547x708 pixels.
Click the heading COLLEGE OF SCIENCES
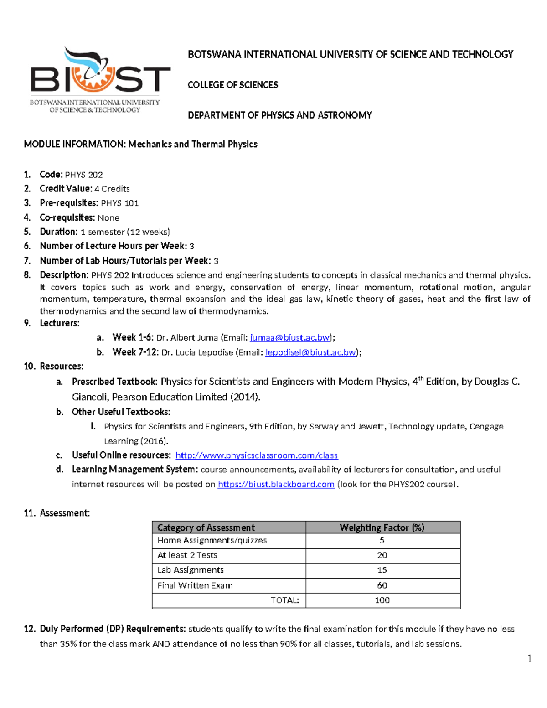point(232,85)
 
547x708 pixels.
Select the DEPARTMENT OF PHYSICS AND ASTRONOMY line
point(279,115)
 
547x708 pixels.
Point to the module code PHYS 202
point(83,175)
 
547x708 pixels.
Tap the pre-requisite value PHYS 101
point(119,203)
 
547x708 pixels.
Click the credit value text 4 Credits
point(112,189)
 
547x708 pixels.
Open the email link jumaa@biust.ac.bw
point(290,338)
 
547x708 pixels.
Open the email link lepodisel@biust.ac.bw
point(310,352)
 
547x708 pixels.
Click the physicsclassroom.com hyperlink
point(257,455)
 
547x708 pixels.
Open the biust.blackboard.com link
point(276,484)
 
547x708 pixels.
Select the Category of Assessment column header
point(206,527)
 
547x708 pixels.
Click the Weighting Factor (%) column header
point(382,527)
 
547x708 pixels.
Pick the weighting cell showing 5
point(382,541)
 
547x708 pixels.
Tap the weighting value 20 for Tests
point(382,555)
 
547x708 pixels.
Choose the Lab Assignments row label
point(191,570)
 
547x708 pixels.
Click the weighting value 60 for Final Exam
point(382,585)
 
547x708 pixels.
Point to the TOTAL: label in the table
point(284,600)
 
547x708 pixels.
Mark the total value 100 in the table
point(382,600)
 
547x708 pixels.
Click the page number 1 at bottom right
point(529,658)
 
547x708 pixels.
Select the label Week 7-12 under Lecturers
point(135,352)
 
